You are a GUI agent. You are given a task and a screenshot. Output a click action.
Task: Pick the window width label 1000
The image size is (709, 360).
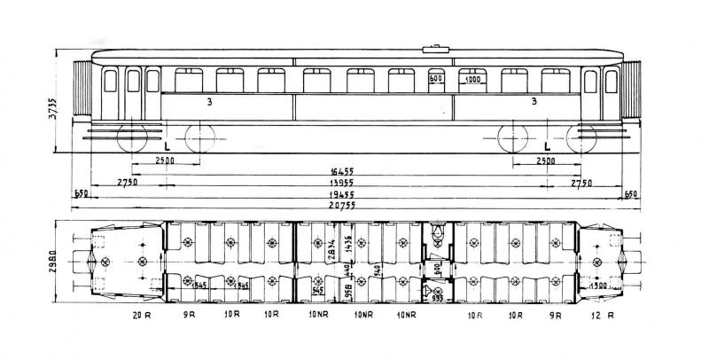pos(471,79)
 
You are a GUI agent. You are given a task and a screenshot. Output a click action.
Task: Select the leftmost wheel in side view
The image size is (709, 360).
pos(131,138)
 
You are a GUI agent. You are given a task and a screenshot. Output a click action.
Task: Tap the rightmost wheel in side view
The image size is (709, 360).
pos(581,138)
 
